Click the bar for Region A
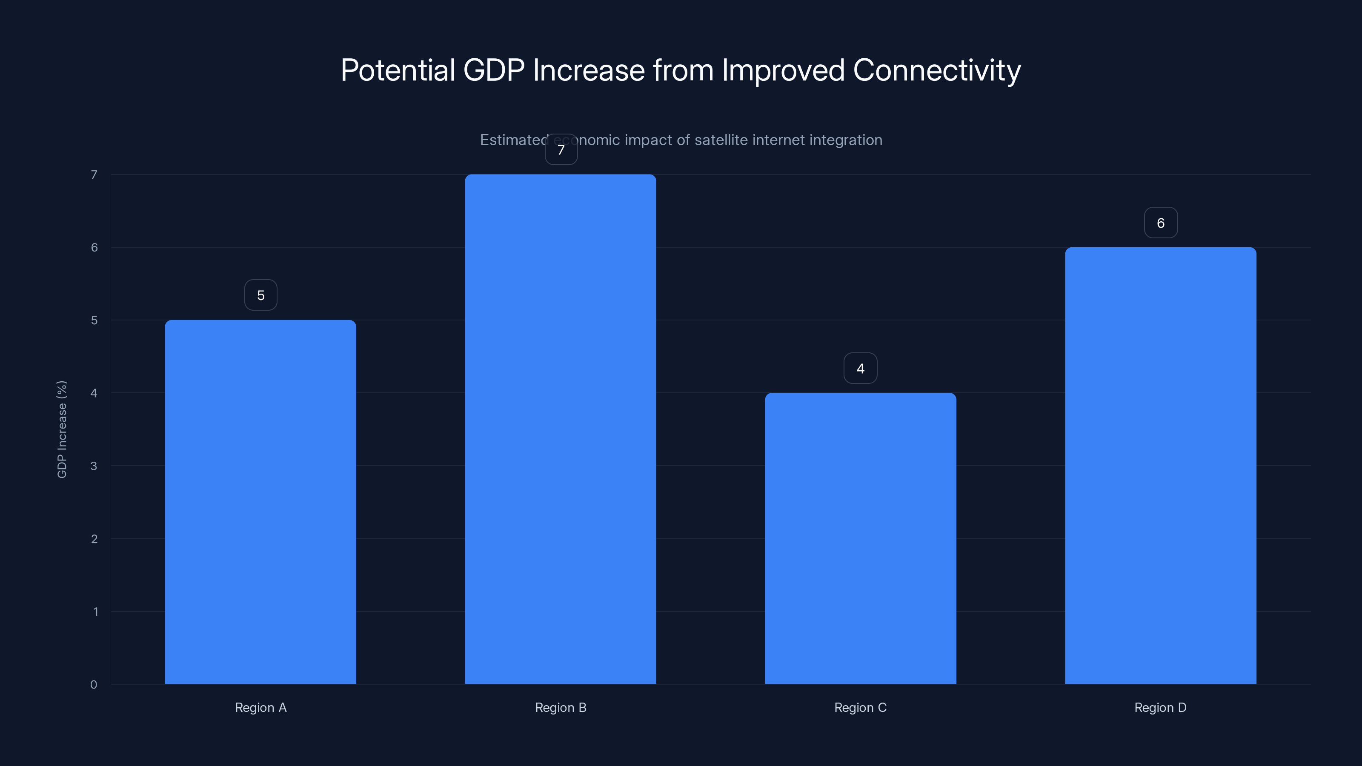point(260,502)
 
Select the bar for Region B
point(561,429)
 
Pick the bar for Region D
point(1161,465)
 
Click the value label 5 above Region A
point(260,295)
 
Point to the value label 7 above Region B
point(561,150)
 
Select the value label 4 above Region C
point(860,369)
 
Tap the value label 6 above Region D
point(1161,223)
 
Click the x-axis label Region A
point(260,707)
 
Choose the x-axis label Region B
point(561,707)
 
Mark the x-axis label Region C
point(860,707)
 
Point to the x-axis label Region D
point(1161,707)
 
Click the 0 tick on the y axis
point(94,685)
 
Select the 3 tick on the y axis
point(94,466)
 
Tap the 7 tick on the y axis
point(94,174)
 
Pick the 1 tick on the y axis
point(95,612)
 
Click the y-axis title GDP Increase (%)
point(62,429)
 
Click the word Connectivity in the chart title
point(936,70)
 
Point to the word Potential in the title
point(398,70)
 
